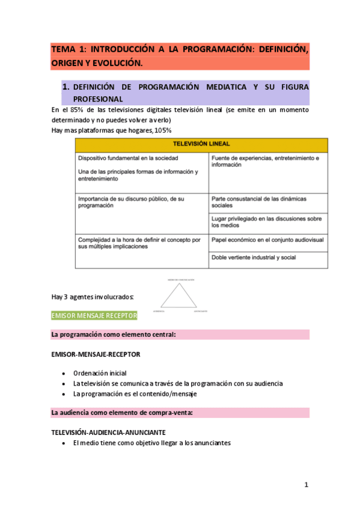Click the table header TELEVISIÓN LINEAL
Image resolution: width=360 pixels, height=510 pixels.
point(201,144)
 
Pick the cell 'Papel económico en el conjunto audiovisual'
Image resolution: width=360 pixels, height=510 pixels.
point(267,239)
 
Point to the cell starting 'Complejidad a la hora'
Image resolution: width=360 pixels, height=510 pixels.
point(139,242)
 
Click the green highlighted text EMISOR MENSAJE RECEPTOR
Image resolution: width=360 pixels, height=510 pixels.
point(94,315)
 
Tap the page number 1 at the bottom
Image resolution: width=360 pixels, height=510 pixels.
point(306,485)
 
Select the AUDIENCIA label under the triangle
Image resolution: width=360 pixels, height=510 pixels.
point(158,312)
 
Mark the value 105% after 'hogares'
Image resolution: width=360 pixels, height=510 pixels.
point(162,130)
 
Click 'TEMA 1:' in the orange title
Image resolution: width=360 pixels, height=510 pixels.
point(68,49)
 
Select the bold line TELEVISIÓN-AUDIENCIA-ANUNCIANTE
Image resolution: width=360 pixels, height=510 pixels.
point(108,432)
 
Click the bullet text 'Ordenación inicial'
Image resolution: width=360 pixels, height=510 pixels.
point(100,373)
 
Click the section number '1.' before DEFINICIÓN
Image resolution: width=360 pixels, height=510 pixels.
point(66,87)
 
